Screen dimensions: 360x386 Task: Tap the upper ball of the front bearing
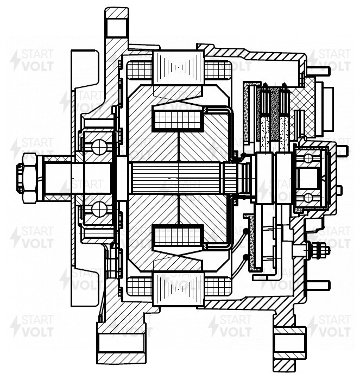[99, 147]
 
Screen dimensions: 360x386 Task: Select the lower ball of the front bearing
[99, 209]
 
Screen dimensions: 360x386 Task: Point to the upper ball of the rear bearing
[308, 159]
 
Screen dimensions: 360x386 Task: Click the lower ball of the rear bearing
[308, 198]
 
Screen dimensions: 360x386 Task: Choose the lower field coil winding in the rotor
[178, 237]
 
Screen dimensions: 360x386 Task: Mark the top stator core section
[179, 67]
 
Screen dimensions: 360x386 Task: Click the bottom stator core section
[179, 289]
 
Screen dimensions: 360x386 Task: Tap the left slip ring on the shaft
[265, 178]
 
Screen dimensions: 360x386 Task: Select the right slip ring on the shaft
[283, 178]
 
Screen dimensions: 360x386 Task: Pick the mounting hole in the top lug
[117, 27]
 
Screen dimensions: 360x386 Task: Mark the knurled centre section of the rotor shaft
[178, 178]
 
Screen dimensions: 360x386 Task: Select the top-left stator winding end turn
[140, 69]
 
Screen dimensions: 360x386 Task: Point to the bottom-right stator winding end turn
[218, 287]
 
